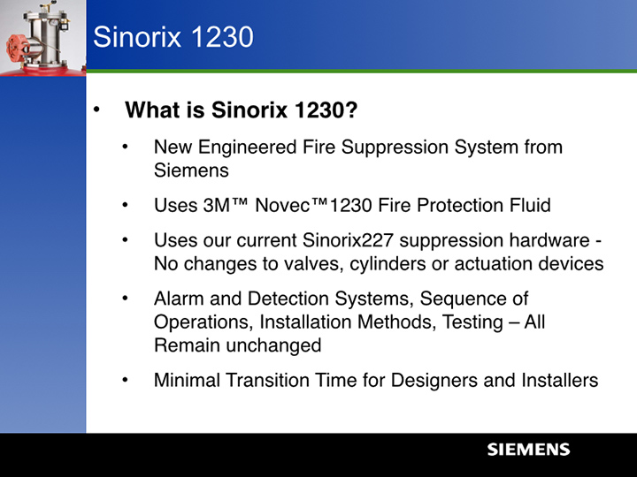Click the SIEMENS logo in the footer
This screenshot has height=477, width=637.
tap(528, 450)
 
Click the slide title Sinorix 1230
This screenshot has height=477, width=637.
tap(173, 37)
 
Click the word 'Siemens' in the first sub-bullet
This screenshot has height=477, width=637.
tap(191, 170)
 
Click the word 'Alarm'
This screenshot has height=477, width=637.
tap(180, 299)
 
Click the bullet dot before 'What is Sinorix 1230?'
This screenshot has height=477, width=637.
tap(99, 111)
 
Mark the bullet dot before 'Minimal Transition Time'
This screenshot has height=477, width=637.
tap(127, 381)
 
